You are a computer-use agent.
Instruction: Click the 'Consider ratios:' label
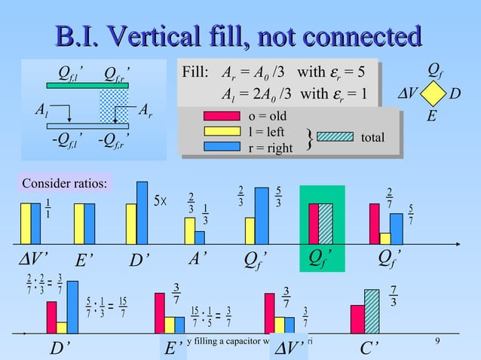[x=64, y=183]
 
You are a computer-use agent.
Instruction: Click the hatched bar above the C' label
[x=372, y=311]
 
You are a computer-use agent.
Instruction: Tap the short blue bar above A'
[x=200, y=237]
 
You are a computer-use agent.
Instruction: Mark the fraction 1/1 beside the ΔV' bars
[x=47, y=207]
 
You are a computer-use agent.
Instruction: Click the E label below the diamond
[x=431, y=117]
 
